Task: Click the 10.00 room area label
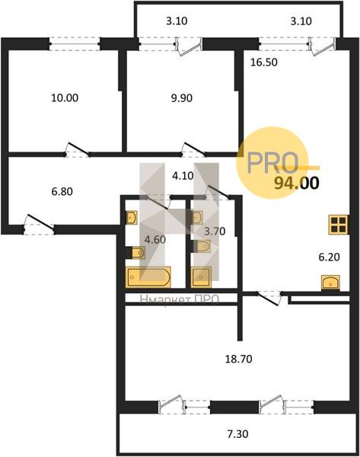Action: coord(65,97)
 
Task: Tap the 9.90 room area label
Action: coord(182,98)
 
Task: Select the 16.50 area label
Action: coord(264,62)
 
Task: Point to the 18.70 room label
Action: coord(238,359)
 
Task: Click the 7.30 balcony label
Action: coord(237,434)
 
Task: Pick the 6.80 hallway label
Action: coord(62,192)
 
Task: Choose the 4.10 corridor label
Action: coord(183,176)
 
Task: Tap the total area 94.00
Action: coord(297,183)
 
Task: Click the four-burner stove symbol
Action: coord(338,225)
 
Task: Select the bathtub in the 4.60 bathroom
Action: coord(148,277)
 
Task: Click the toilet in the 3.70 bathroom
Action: coord(202,246)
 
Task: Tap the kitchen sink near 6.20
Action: coord(330,283)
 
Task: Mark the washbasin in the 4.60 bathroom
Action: coord(132,217)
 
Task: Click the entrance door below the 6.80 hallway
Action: coord(39,225)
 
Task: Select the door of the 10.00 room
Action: coord(77,149)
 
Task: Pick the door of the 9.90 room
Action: coord(193,149)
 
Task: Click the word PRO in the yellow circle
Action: coord(273,163)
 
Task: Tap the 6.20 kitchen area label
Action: coord(329,257)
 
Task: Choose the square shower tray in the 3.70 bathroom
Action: coord(201,277)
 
